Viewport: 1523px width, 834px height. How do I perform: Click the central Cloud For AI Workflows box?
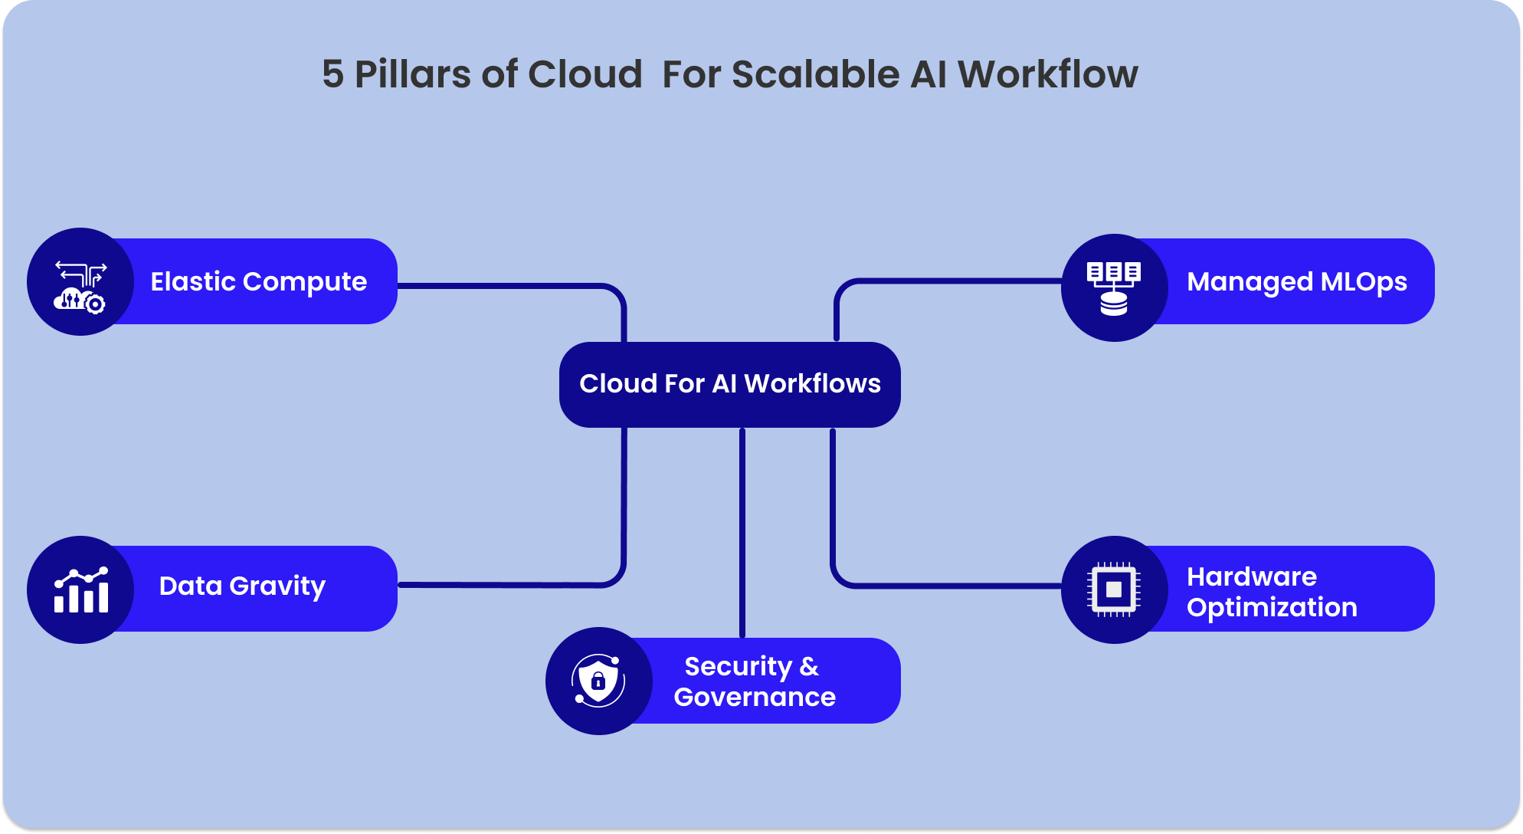(729, 384)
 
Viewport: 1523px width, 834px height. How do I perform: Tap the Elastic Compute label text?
(258, 281)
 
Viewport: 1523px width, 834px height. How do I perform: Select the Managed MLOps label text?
(1296, 281)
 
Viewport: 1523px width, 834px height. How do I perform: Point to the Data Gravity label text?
(242, 586)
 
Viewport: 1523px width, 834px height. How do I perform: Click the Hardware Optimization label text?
(1271, 592)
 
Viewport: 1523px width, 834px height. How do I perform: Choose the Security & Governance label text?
(754, 681)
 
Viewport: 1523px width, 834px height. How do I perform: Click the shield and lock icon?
(598, 681)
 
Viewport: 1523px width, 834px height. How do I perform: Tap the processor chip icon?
(1114, 589)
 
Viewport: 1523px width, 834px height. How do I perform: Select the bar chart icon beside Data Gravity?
(81, 590)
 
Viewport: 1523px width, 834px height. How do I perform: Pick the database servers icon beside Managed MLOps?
(1114, 288)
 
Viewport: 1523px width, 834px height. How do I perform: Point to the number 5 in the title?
(332, 74)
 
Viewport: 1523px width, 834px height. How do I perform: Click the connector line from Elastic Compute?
(506, 286)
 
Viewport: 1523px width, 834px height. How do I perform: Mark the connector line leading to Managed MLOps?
(950, 281)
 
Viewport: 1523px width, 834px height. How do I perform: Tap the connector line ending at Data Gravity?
(506, 585)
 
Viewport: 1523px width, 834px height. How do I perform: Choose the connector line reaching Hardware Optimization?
(950, 586)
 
